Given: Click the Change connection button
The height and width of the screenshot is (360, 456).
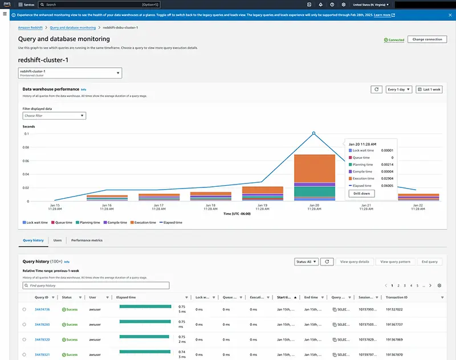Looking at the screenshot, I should (x=427, y=39).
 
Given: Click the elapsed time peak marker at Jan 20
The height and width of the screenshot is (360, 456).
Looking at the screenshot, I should (x=313, y=133).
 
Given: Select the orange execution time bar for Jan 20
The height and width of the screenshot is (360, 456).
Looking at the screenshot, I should (x=314, y=168).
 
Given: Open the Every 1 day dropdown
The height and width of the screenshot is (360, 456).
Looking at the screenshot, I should (x=399, y=89).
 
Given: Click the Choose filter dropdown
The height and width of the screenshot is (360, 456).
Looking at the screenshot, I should (x=54, y=116).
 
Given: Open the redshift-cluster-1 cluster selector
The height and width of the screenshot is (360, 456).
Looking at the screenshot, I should (x=70, y=73).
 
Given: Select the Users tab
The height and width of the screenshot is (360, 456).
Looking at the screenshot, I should (x=58, y=240).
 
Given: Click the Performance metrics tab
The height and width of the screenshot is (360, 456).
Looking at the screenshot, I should (x=87, y=240).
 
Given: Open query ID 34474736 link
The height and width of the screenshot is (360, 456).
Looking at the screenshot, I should (x=42, y=309).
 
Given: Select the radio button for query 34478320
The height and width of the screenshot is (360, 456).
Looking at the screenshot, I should (x=24, y=339).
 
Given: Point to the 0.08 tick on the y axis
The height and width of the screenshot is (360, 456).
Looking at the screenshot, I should (x=26, y=147).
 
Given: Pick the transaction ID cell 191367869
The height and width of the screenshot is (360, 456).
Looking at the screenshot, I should (x=394, y=339).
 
